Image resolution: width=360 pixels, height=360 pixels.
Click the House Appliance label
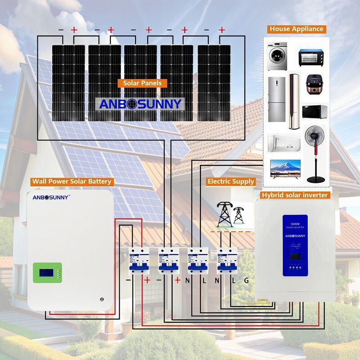point(297,29)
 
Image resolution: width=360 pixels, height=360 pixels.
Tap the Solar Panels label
point(142,83)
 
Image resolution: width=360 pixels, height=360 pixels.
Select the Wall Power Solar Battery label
point(71,182)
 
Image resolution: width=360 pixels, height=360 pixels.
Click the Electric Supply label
point(230,182)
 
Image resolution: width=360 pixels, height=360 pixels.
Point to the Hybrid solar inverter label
point(295,195)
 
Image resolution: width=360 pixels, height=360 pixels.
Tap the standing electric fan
point(315,153)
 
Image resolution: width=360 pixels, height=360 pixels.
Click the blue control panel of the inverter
point(295,245)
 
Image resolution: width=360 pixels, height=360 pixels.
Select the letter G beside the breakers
point(246,280)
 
